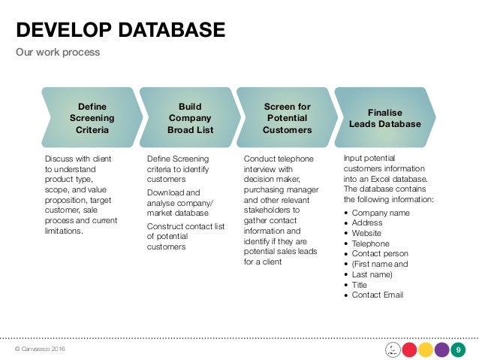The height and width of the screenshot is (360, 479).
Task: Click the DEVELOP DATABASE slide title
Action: (x=121, y=29)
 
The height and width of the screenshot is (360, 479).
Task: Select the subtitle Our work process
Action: (x=58, y=53)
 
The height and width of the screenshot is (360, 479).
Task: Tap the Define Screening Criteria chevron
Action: (x=92, y=118)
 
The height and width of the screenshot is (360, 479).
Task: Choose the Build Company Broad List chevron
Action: (x=190, y=118)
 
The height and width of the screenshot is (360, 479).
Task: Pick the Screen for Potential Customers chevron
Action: (x=287, y=118)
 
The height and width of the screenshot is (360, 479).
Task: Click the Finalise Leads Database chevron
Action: (x=385, y=118)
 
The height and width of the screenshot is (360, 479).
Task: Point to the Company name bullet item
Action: (x=381, y=213)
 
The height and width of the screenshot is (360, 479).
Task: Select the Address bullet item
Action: (x=368, y=223)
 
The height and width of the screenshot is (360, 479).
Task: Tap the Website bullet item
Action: (x=367, y=234)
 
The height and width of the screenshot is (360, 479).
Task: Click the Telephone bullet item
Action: (x=371, y=244)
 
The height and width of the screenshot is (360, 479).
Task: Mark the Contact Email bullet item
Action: (x=378, y=295)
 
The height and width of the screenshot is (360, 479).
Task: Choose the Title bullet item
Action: (x=360, y=285)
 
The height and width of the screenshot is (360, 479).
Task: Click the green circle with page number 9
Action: (x=459, y=349)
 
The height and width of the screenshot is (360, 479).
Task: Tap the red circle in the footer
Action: (x=410, y=349)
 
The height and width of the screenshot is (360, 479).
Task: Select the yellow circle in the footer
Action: (x=426, y=349)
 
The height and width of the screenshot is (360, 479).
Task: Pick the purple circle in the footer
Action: (x=442, y=349)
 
